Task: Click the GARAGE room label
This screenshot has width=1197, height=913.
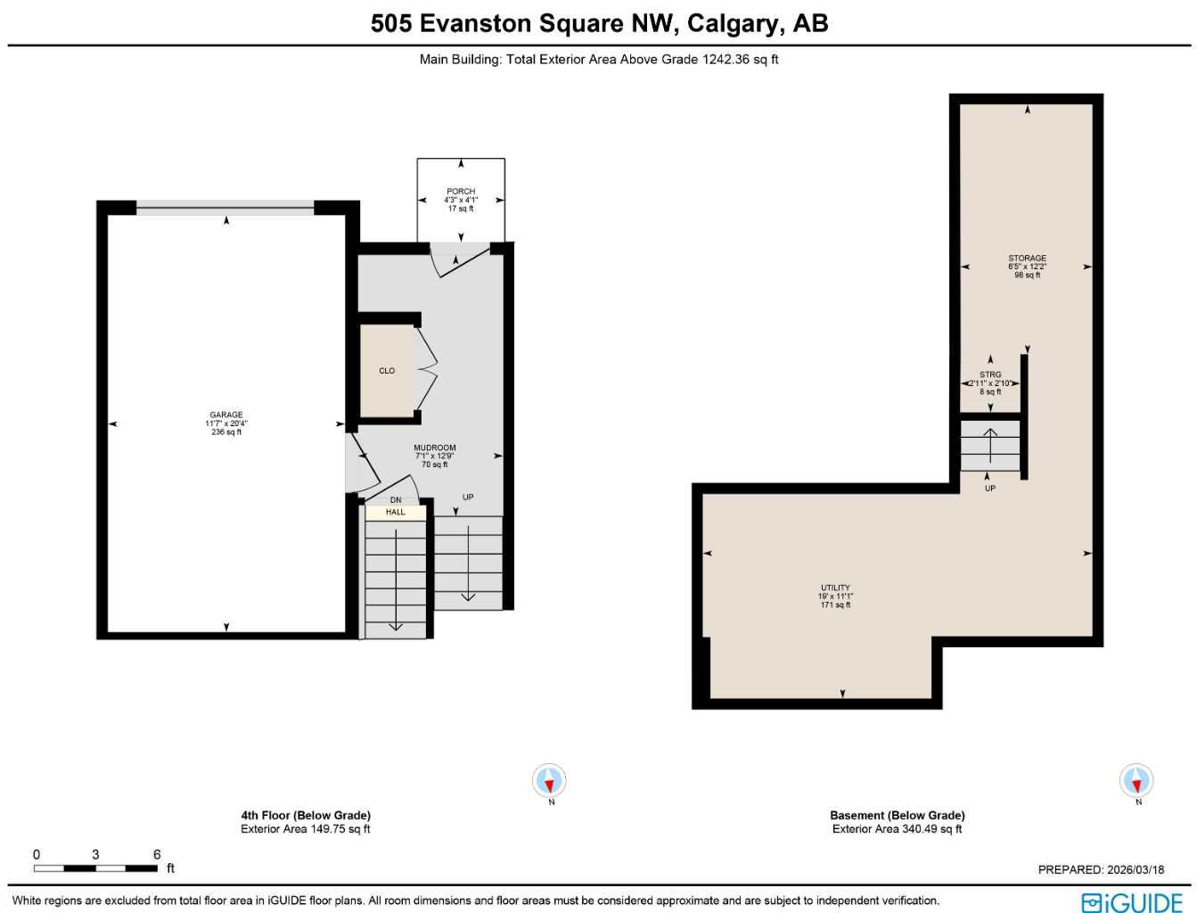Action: (226, 423)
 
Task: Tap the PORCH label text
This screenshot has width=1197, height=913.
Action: (461, 199)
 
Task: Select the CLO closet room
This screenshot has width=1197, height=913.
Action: (387, 370)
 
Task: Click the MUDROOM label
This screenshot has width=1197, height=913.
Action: (435, 456)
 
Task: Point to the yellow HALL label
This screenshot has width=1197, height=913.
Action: (396, 512)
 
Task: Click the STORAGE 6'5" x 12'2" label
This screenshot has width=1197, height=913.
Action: (1027, 266)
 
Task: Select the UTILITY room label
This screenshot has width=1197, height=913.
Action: (835, 596)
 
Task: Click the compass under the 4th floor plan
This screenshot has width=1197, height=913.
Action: (550, 782)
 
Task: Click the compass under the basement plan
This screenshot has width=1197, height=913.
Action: (1136, 781)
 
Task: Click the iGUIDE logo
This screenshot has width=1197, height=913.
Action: (1131, 901)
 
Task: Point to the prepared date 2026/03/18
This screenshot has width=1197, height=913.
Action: (1101, 869)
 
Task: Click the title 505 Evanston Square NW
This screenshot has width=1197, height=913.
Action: (599, 22)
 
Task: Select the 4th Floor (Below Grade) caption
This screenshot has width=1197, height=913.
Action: (306, 815)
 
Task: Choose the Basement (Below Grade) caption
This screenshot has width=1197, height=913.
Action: (897, 815)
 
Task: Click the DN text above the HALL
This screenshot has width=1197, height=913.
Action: (396, 499)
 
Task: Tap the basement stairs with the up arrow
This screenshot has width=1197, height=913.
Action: (990, 445)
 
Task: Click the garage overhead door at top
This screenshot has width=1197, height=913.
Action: (225, 208)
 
